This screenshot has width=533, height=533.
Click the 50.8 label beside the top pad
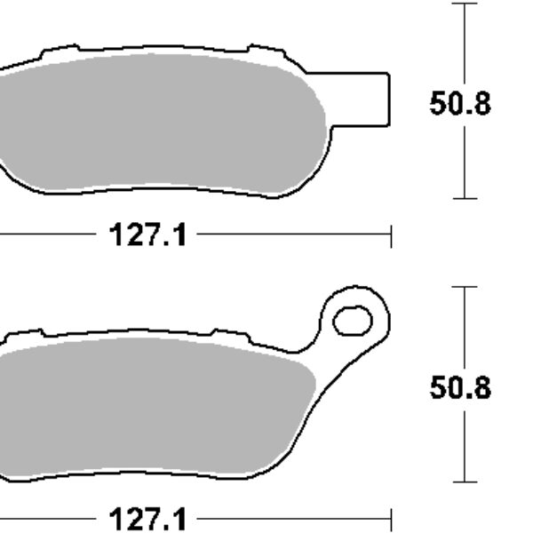click(x=459, y=104)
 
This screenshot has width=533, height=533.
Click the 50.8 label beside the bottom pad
click(x=459, y=388)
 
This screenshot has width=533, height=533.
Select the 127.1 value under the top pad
click(x=148, y=235)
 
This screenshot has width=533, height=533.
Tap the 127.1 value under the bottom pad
click(x=148, y=518)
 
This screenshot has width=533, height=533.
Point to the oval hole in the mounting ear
click(x=354, y=320)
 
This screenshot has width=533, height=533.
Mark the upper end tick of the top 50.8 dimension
click(x=464, y=4)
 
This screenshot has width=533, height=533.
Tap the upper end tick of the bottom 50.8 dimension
click(x=464, y=287)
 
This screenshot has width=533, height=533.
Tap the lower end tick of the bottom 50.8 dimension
click(x=464, y=481)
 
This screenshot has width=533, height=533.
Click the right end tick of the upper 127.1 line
click(x=391, y=235)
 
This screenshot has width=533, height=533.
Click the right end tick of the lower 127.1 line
click(x=391, y=518)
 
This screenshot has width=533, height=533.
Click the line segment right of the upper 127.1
click(x=293, y=235)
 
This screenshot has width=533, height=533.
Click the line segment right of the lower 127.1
click(x=293, y=518)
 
